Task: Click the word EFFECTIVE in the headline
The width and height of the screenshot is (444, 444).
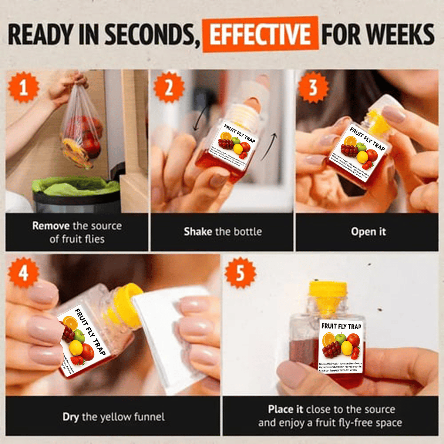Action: click(260, 34)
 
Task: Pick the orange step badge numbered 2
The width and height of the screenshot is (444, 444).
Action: click(169, 88)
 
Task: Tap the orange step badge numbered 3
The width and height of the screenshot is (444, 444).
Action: click(313, 88)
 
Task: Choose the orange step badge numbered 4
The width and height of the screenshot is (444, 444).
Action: click(23, 273)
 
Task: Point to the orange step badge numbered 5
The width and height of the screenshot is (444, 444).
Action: click(240, 273)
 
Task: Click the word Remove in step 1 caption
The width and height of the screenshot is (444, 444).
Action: click(51, 226)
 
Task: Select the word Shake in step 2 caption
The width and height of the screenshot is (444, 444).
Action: click(198, 232)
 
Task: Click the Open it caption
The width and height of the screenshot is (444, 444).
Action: click(368, 232)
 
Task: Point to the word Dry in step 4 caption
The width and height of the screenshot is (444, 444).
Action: click(71, 417)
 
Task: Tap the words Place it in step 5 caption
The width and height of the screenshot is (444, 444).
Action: click(286, 409)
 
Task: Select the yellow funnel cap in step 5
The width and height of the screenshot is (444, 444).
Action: click(328, 292)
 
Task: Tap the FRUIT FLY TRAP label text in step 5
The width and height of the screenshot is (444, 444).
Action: click(341, 326)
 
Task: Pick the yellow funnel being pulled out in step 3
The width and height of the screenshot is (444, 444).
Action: click(379, 122)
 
